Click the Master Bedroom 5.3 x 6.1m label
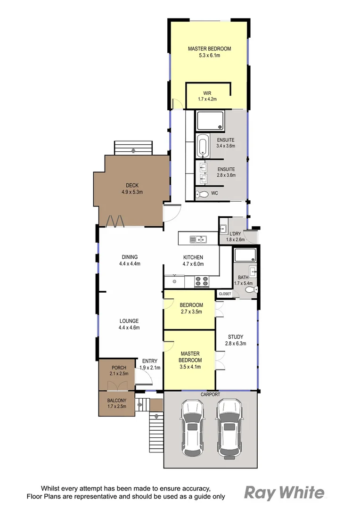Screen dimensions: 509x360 coord(209,52)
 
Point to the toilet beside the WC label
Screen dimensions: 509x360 coord(201,193)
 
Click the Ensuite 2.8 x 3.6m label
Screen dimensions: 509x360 coord(226,172)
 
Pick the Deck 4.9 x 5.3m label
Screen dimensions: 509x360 coord(131,189)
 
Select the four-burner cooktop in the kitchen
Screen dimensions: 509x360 coord(202,281)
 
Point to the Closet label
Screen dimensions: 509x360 coord(225,294)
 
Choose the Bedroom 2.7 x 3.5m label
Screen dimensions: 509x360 coord(191,308)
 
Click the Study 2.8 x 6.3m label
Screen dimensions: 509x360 coord(235,340)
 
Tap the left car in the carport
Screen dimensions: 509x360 coord(192,427)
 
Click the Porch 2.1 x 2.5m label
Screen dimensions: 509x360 coord(119,370)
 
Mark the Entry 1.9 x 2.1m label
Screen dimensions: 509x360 coord(150,364)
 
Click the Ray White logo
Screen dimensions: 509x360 coord(284,493)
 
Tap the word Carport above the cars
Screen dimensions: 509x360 coord(210,394)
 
